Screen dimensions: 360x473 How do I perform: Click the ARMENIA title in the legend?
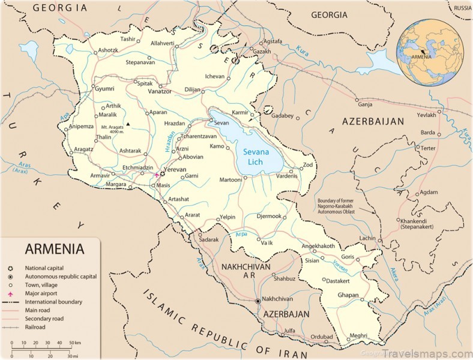54,248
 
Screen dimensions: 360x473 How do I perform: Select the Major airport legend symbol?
11,293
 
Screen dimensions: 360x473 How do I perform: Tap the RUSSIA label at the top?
462,8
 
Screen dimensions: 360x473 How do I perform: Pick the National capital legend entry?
44,268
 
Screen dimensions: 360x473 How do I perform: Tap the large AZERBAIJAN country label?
373,121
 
